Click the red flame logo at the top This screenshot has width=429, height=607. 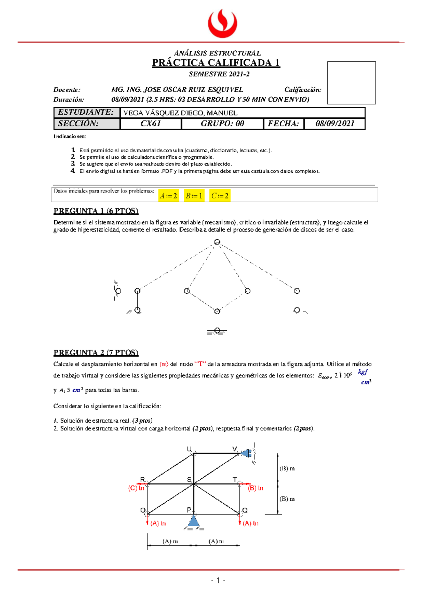222,23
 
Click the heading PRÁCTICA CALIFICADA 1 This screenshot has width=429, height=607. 216,63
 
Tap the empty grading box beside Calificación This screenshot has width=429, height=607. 351,83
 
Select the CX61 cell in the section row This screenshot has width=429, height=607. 151,124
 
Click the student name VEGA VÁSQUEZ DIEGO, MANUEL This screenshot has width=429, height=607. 180,113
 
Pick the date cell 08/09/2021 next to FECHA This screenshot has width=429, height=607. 335,124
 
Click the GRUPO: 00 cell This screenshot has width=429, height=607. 222,124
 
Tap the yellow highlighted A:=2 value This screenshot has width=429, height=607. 168,196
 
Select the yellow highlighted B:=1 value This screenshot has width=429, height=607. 194,196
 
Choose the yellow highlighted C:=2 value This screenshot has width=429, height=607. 220,196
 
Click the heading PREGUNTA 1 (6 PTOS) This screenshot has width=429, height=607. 96,211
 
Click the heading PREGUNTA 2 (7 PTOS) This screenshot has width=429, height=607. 96,352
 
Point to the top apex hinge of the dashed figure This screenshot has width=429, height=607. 217,242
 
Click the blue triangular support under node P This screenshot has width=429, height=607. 193,521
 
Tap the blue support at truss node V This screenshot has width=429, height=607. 246,453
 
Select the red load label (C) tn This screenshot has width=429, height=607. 136,488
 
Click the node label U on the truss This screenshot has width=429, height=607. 189,449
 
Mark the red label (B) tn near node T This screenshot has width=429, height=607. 255,488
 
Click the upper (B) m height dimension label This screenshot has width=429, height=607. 287,468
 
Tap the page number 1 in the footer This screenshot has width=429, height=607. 218,581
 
